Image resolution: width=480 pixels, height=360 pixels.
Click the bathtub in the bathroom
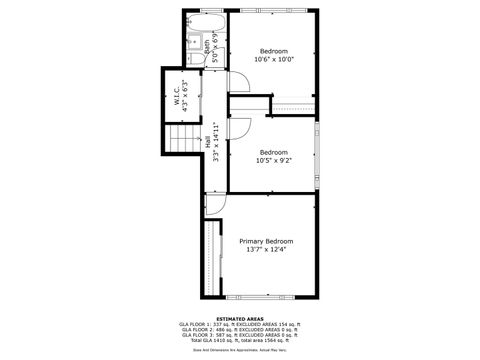pos(204,20)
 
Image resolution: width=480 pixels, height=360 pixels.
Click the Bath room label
pos(208,46)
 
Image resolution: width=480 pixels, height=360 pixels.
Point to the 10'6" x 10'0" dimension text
pos(274,60)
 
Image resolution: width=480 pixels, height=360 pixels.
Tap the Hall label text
pos(208,143)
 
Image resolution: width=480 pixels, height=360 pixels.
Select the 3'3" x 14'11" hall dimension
pos(217,143)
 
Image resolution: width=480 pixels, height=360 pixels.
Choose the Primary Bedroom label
pos(266,241)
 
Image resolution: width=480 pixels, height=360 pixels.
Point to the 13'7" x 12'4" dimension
pos(266,250)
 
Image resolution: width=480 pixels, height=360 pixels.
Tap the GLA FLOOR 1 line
pos(239,324)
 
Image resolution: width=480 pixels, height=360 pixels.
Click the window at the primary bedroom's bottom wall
pos(265,298)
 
